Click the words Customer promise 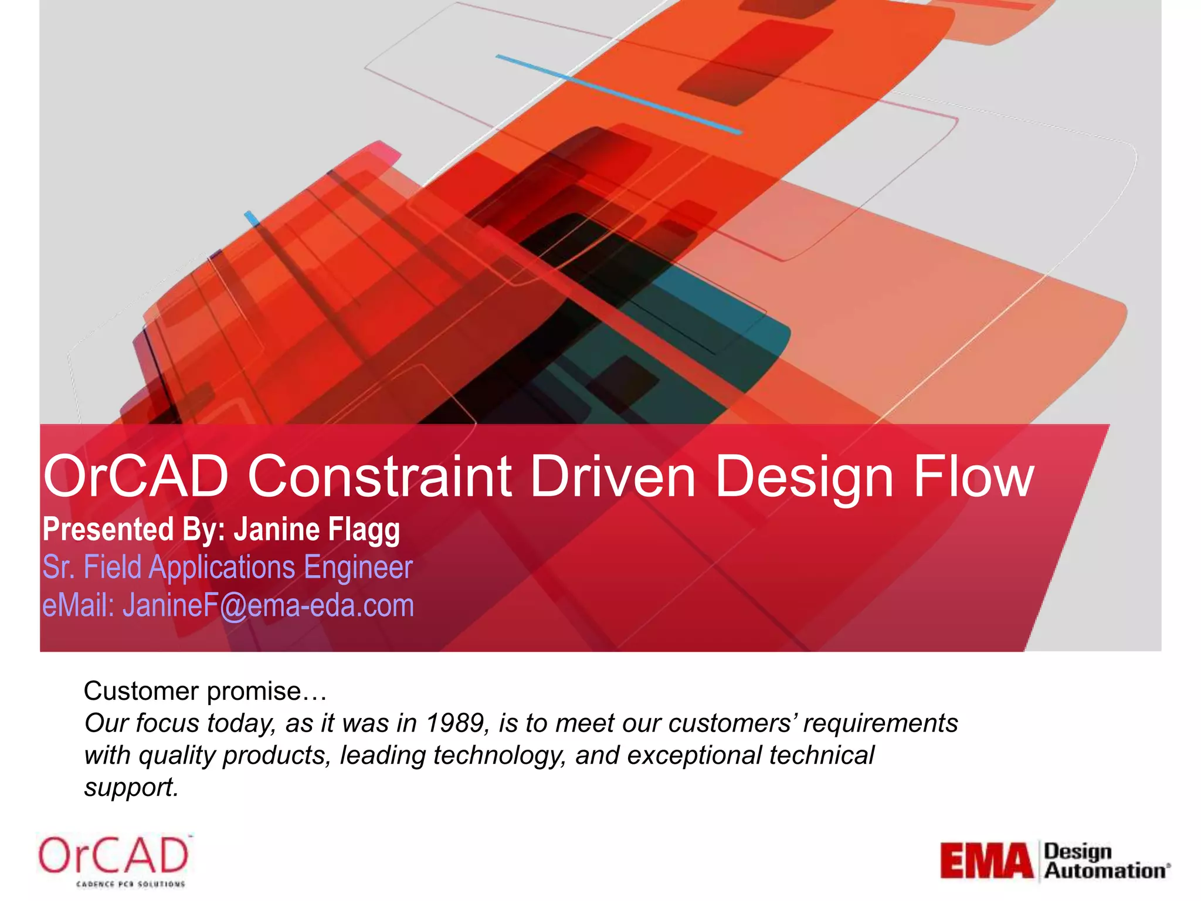click(205, 691)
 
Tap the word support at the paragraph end click(130, 787)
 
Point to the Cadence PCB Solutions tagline click(130, 884)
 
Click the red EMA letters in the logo click(986, 861)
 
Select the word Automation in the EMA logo click(1105, 871)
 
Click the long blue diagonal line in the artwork click(619, 94)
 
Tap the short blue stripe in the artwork click(252, 218)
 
